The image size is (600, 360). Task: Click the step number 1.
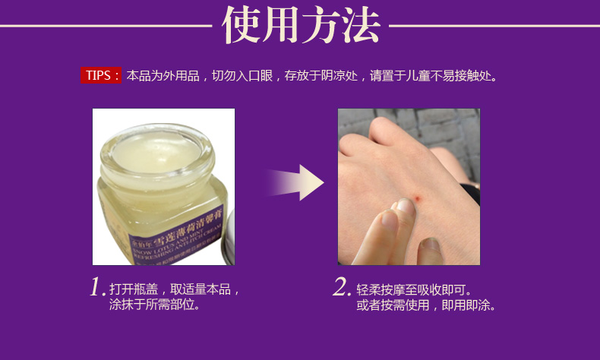[x=97, y=288]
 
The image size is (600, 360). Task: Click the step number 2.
[x=342, y=288]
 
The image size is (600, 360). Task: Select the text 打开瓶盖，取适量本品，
[x=175, y=289]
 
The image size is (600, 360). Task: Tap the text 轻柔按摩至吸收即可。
[x=414, y=289]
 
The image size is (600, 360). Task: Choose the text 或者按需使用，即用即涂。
[x=426, y=305]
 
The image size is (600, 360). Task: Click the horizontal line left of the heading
[x=106, y=27]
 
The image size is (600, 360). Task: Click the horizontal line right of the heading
[x=494, y=27]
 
